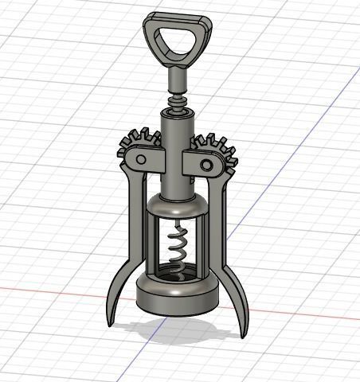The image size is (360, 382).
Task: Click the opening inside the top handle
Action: point(178,43)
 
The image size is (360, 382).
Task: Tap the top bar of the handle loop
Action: point(178,21)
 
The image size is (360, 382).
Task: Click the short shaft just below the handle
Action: point(178,80)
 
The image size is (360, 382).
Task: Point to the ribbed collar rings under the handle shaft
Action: point(178,102)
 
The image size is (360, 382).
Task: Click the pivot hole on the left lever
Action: point(140,159)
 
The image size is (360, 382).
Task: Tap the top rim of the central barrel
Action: point(178,114)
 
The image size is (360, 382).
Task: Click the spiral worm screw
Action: point(178,251)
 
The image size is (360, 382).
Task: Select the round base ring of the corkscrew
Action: point(177,298)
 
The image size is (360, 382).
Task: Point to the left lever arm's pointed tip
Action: point(109,322)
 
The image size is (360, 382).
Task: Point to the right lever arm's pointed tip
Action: point(242,333)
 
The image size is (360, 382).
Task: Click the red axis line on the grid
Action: point(48,288)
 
